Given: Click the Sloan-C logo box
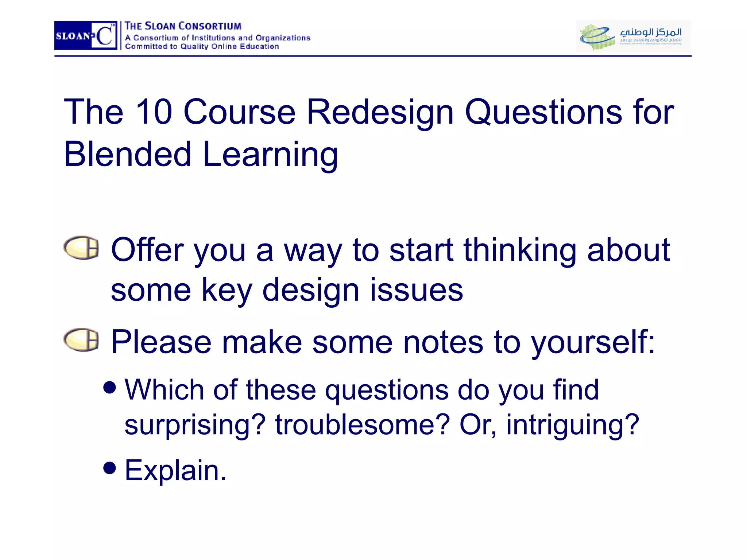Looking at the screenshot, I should tap(86, 35).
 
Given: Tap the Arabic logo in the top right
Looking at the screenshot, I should tap(633, 36).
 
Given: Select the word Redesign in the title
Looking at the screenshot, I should tap(380, 112).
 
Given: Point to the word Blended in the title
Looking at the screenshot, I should tap(128, 154).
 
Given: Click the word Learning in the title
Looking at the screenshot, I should tap(270, 155).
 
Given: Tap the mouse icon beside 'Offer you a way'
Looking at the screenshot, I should tap(81, 248).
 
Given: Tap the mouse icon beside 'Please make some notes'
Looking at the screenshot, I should tap(81, 340).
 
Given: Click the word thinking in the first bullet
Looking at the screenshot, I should tap(520, 250).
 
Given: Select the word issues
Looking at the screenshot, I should tap(417, 290).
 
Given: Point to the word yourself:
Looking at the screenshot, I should tap(593, 343).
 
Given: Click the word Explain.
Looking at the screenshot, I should tap(175, 470).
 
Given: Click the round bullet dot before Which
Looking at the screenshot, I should tap(109, 387).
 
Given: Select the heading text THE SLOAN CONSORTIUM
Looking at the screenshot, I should tap(183, 26).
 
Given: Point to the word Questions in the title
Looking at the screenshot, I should tap(543, 112).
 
